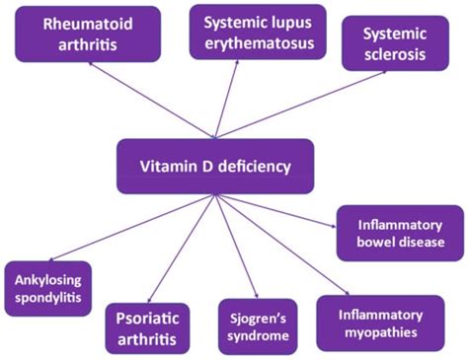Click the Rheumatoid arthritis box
87,33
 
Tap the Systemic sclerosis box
389,42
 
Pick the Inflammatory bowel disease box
399,233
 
